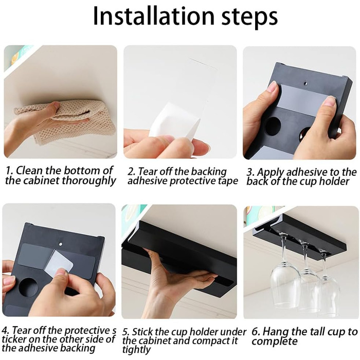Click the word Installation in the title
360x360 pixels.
click(x=154, y=16)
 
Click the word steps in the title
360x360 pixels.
click(x=249, y=17)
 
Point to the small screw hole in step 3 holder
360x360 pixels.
click(x=305, y=83)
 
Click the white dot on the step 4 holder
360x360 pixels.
click(x=61, y=244)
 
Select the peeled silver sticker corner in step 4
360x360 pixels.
click(x=59, y=262)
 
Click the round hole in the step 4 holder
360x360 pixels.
click(x=29, y=287)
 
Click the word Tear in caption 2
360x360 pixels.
click(x=148, y=171)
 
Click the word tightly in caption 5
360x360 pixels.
click(x=136, y=350)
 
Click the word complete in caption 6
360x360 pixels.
click(x=275, y=341)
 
